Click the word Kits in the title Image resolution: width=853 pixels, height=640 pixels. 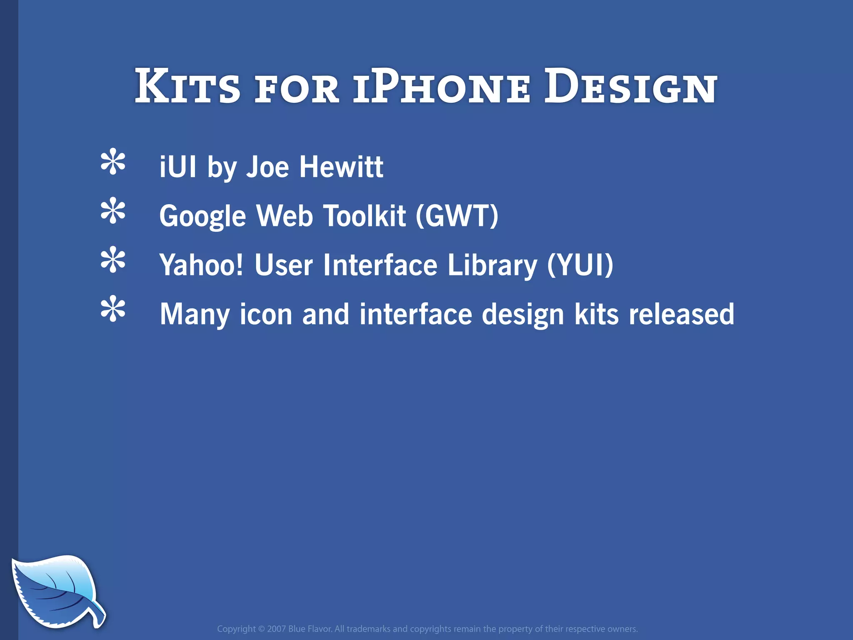(187, 86)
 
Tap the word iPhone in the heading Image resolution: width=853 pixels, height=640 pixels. (442, 86)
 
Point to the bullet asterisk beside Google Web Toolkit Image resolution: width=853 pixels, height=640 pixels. (113, 211)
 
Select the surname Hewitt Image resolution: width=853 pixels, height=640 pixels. (341, 167)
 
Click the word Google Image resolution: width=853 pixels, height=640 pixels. (203, 216)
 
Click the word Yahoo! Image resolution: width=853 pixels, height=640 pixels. (201, 265)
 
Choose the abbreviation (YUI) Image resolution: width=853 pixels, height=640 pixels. (580, 265)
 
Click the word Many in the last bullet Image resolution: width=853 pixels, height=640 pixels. (195, 315)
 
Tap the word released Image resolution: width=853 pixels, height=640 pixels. (681, 314)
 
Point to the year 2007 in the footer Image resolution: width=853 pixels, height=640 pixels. (276, 629)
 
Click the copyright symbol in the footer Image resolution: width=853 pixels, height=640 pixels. (261, 629)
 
